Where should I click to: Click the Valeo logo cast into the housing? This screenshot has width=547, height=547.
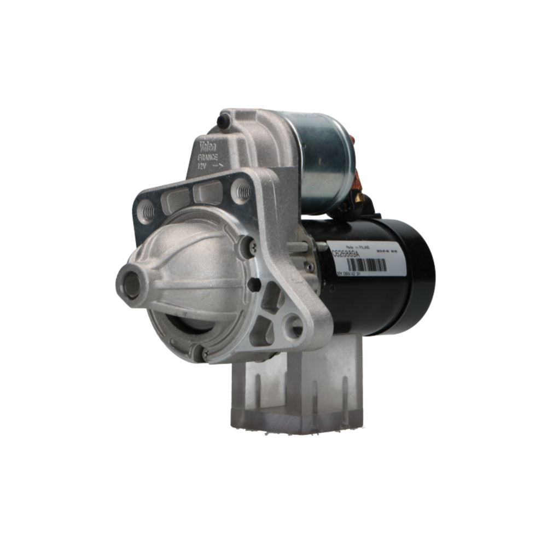pyautogui.click(x=207, y=147)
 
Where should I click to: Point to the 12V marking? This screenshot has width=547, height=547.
pyautogui.click(x=203, y=166)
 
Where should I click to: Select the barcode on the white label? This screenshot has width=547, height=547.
pyautogui.click(x=366, y=265)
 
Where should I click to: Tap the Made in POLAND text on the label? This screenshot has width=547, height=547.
pyautogui.click(x=359, y=247)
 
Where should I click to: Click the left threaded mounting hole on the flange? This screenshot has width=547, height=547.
pyautogui.click(x=146, y=210)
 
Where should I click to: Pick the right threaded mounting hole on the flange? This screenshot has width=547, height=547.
pyautogui.click(x=242, y=191)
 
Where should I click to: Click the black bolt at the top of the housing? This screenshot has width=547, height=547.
pyautogui.click(x=223, y=120)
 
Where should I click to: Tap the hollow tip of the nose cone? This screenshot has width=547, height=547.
pyautogui.click(x=131, y=284)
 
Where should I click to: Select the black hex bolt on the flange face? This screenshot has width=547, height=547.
pyautogui.click(x=253, y=285)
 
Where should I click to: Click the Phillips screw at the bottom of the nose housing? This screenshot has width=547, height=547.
pyautogui.click(x=204, y=354)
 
